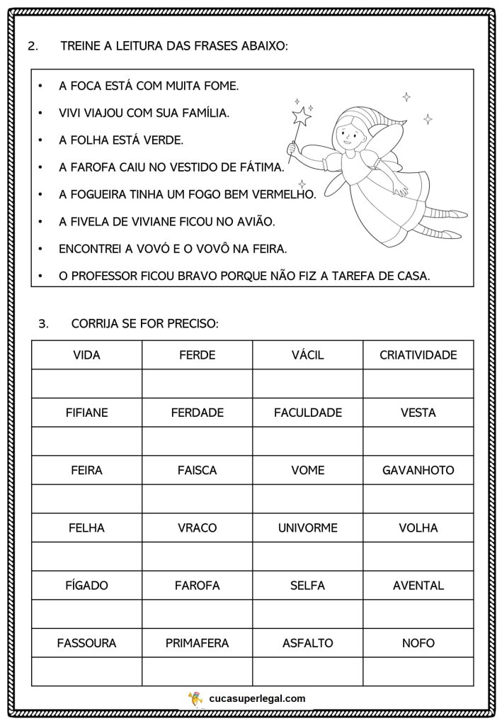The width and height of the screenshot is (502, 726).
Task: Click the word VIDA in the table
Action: [86, 355]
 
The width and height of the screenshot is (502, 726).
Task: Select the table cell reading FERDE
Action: [197, 355]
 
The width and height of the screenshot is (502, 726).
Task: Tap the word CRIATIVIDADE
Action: [418, 355]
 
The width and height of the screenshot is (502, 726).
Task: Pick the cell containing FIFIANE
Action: [86, 413]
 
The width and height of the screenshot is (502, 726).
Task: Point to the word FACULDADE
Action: [307, 413]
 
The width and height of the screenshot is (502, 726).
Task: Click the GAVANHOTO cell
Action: [418, 470]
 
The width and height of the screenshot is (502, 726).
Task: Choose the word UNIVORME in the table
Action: [307, 528]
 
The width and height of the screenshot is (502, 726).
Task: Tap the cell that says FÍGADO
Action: [86, 586]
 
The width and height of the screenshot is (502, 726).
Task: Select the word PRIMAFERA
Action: [197, 644]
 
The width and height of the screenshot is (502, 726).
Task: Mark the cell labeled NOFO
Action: [418, 644]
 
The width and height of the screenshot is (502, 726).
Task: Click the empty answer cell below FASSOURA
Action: [86, 671]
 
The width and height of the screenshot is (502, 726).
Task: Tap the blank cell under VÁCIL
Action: [307, 384]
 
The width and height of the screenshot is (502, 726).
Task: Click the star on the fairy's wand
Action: [302, 116]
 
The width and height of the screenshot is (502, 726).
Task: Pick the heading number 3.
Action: [43, 324]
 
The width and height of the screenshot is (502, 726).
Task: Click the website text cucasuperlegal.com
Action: [258, 698]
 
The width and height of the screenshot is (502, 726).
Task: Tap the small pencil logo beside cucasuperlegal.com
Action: [195, 699]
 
